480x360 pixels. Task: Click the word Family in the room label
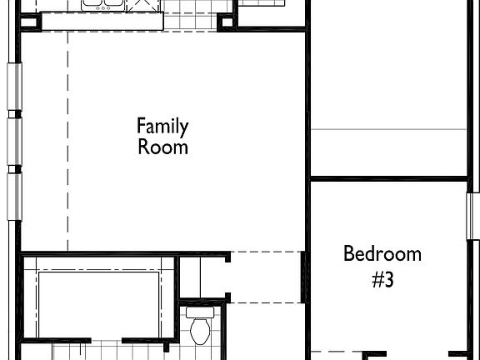tap(162, 127)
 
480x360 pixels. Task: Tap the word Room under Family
tap(162, 147)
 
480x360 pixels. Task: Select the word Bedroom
tap(382, 254)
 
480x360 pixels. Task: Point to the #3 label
tap(382, 280)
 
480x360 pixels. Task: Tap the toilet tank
tap(199, 313)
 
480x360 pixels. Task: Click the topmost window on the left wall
tap(12, 86)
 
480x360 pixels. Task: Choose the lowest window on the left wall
tap(12, 197)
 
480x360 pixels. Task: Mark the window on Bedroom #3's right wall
tap(471, 217)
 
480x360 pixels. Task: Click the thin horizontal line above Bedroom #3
tap(387, 129)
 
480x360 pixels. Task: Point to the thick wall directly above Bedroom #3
tap(387, 177)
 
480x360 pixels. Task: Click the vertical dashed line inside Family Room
tap(68, 142)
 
